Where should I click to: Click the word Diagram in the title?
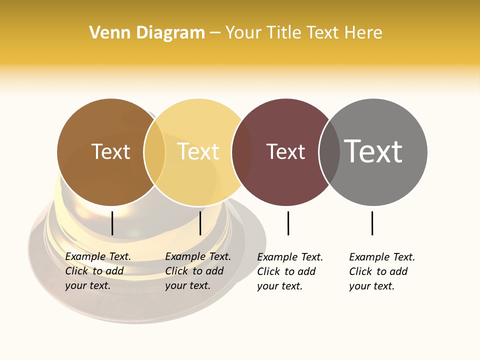point(170,32)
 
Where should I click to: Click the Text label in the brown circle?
point(110,151)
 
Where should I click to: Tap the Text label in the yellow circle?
point(198,151)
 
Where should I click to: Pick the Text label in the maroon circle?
point(285,151)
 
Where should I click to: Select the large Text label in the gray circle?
point(373,151)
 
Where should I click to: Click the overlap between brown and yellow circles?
point(154,152)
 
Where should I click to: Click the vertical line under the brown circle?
point(112,223)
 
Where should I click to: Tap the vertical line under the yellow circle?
point(200,223)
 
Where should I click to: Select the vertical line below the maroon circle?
point(288,223)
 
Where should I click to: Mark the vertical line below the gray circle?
point(372,223)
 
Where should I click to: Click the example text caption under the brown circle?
point(98,271)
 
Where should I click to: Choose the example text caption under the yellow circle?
point(198,271)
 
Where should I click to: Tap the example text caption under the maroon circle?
point(290,271)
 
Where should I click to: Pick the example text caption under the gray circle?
point(382,271)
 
